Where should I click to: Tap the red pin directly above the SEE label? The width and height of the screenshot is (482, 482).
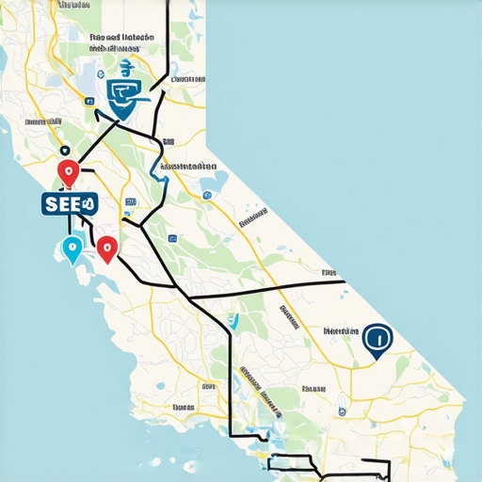click(x=68, y=172)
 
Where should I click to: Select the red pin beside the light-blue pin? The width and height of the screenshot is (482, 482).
click(x=106, y=249)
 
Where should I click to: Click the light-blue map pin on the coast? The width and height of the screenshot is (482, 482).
click(x=71, y=249)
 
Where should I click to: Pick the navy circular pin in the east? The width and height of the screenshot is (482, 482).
click(x=377, y=341)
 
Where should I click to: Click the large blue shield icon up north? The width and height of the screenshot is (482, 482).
click(x=124, y=95)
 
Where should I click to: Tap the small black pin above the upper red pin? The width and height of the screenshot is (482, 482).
click(x=63, y=150)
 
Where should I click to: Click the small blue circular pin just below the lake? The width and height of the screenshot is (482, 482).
click(x=206, y=196)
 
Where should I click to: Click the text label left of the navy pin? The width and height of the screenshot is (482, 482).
click(x=340, y=332)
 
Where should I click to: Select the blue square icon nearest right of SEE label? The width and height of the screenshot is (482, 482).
click(x=130, y=201)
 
